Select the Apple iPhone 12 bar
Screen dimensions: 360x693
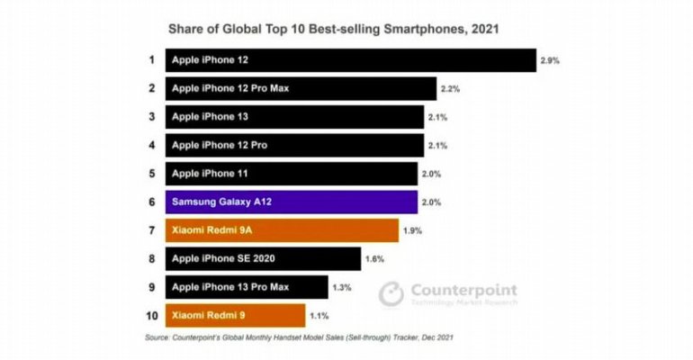(350, 60)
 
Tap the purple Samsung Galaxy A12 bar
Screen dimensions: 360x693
(291, 202)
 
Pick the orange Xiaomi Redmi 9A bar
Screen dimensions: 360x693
(282, 230)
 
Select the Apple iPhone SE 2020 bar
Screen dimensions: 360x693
(263, 259)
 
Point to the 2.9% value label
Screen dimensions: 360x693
(550, 60)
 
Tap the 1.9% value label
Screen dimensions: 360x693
(412, 231)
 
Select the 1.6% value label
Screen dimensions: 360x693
(374, 259)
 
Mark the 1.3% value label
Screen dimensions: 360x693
(342, 288)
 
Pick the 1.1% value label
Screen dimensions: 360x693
(319, 316)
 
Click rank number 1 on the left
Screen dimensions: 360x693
(151, 60)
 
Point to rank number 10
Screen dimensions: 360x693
(151, 316)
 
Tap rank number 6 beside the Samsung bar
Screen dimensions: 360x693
(151, 202)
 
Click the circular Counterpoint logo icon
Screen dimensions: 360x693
(391, 293)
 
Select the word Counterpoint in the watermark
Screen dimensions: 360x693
(463, 290)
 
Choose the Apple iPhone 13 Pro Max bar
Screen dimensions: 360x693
(246, 287)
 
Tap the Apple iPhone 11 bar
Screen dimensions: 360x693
(291, 174)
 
